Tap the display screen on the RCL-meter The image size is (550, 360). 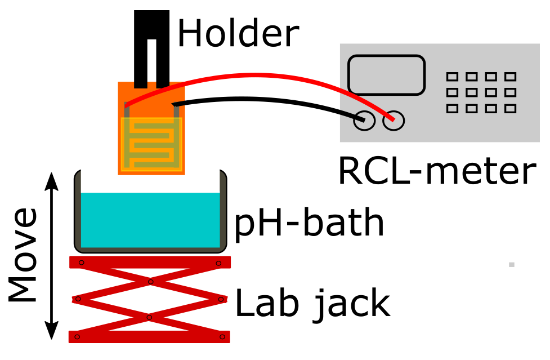(386, 74)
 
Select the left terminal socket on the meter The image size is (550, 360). (364, 121)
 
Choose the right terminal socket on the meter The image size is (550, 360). (393, 120)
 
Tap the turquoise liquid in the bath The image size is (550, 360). (150, 220)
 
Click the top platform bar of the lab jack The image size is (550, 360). (150, 262)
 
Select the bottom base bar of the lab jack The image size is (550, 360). (150, 336)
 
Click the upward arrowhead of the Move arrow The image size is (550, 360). (52, 179)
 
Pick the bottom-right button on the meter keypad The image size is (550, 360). (510, 108)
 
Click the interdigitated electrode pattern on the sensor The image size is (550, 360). (151, 144)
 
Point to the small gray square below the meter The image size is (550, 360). (511, 264)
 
